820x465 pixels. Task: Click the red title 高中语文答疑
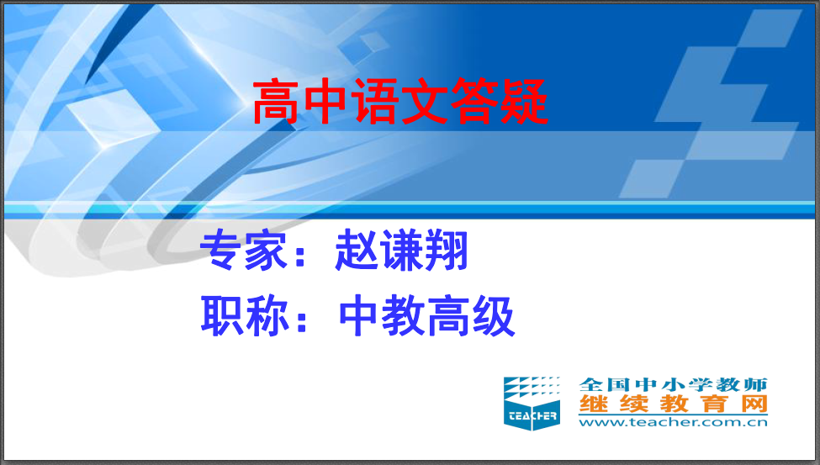click(x=400, y=102)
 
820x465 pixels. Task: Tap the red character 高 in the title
click(x=276, y=102)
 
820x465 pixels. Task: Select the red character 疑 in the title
click(x=525, y=102)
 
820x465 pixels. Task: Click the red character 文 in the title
click(x=426, y=102)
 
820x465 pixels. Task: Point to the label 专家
click(x=244, y=251)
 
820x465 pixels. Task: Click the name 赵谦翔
click(x=402, y=251)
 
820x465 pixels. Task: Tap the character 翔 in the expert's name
click(x=446, y=251)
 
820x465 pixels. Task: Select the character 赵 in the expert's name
click(x=357, y=251)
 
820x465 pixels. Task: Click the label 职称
click(x=245, y=316)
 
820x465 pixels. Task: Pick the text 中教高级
click(x=427, y=316)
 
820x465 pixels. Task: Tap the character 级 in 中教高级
click(x=495, y=316)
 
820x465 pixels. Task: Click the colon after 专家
click(x=300, y=253)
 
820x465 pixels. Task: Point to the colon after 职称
click(x=301, y=319)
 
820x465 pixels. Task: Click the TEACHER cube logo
click(x=532, y=404)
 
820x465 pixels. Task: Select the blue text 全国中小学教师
click(x=673, y=384)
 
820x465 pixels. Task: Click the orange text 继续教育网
click(x=673, y=404)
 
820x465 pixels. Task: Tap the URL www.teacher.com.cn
click(x=673, y=422)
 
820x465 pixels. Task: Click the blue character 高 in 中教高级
click(x=449, y=316)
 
